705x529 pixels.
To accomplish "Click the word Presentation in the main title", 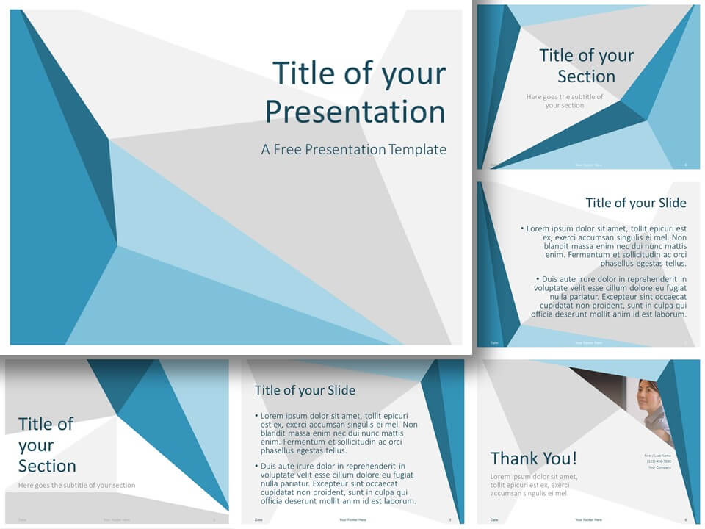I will click(x=355, y=112).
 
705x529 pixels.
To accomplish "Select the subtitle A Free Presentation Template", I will click(x=353, y=149).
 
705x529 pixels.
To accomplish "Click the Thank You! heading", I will click(x=533, y=458).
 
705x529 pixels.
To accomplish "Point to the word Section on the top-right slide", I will click(x=586, y=76).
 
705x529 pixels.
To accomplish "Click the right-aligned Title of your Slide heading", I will click(x=635, y=203).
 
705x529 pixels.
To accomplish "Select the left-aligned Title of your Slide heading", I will click(x=305, y=390).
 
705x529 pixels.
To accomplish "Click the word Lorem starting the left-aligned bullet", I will click(x=275, y=415).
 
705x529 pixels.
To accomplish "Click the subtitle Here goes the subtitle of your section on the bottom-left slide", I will click(x=76, y=485).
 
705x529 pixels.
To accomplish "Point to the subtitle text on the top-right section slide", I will click(x=565, y=101).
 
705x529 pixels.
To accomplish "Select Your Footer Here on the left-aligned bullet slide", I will click(x=354, y=520).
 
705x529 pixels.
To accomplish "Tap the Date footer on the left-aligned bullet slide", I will click(x=258, y=520).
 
